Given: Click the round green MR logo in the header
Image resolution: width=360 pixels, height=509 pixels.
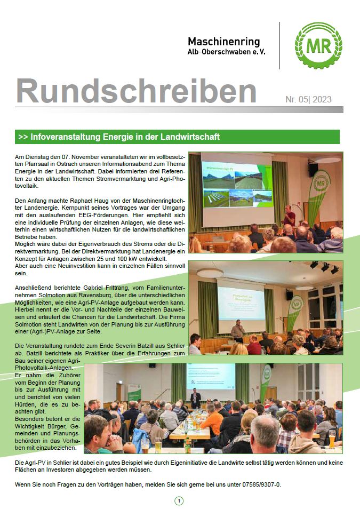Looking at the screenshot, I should click(x=318, y=46).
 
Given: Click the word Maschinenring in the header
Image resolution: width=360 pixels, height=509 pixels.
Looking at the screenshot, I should click(x=223, y=42).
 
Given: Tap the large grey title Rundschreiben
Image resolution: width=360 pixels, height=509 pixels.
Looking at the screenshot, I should click(x=136, y=91).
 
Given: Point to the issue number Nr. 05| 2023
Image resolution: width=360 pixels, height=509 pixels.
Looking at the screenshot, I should click(x=308, y=100).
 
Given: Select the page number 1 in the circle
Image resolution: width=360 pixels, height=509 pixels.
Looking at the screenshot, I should click(x=179, y=500).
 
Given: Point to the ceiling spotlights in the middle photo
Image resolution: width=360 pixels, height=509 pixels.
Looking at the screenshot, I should click(x=323, y=266).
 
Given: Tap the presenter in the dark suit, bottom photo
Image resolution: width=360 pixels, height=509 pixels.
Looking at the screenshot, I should click(x=196, y=397).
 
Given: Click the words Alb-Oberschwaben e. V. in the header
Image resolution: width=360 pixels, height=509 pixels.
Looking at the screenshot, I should click(x=226, y=52).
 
